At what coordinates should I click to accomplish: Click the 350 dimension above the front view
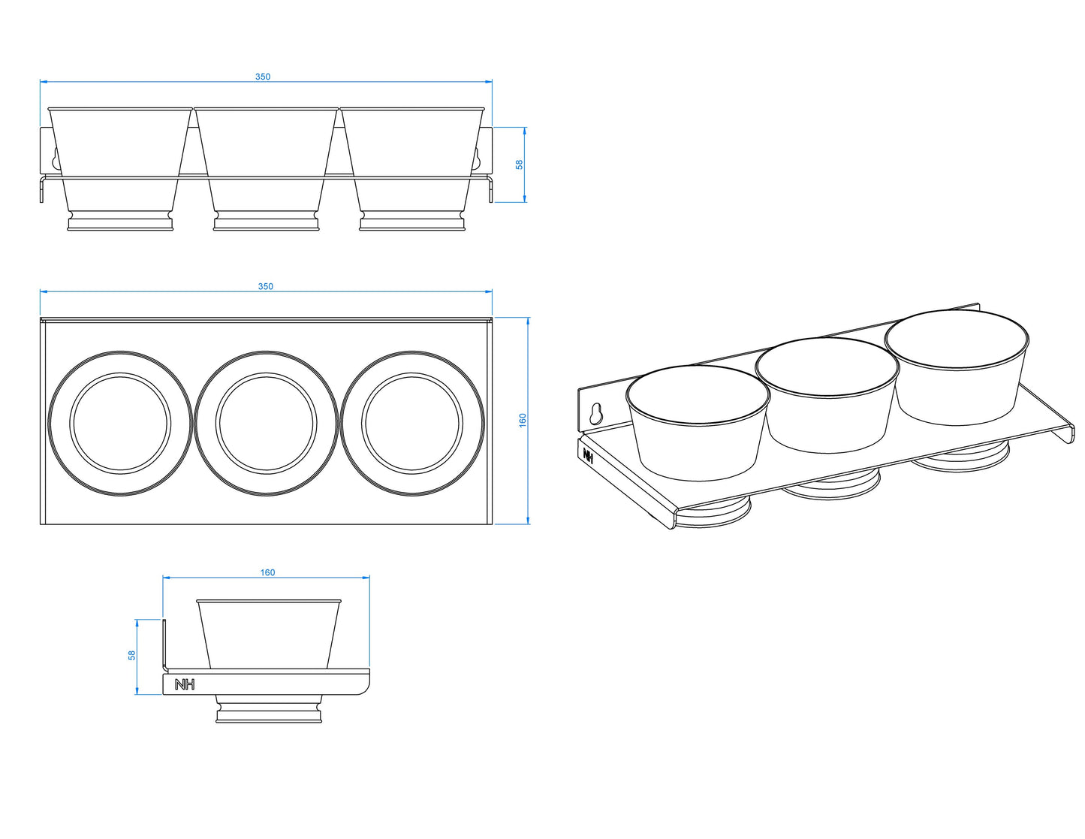tap(262, 77)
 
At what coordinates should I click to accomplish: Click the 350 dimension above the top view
tap(265, 286)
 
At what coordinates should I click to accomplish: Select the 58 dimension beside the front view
tap(519, 164)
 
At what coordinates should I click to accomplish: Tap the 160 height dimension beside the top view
tap(523, 420)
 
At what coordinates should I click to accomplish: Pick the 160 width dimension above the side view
tap(267, 572)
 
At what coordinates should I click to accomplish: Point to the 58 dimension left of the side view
tap(132, 655)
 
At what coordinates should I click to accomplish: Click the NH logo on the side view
tap(184, 684)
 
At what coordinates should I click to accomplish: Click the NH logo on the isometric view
tap(588, 455)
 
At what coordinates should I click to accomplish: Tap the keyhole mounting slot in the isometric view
tap(596, 413)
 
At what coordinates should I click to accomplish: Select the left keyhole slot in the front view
tap(54, 158)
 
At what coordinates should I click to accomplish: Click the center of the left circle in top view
tap(120, 423)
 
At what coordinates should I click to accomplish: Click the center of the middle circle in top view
tap(267, 423)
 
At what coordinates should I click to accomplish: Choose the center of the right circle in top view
tap(412, 423)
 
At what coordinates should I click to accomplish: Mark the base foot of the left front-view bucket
tap(120, 222)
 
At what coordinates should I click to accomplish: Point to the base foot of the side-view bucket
tap(269, 710)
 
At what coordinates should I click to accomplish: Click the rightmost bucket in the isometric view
tap(957, 368)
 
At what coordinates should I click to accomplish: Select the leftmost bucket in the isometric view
tap(698, 424)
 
